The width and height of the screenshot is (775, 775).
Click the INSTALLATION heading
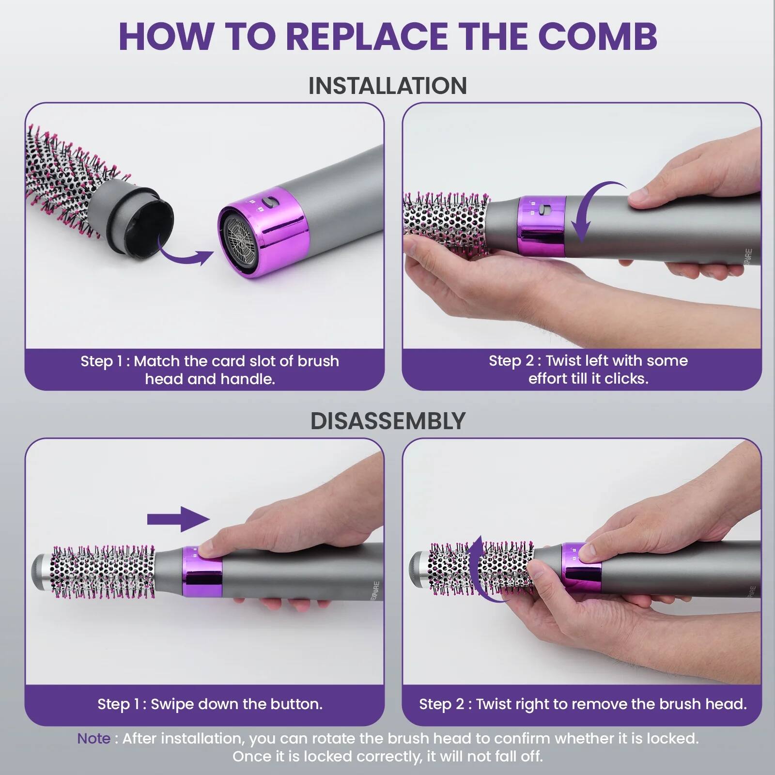[387, 86]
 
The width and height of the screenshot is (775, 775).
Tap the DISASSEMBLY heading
[387, 420]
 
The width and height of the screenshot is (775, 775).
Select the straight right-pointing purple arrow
[178, 519]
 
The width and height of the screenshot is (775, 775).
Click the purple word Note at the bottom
[93, 738]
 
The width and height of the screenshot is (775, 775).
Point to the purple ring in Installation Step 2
[541, 226]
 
